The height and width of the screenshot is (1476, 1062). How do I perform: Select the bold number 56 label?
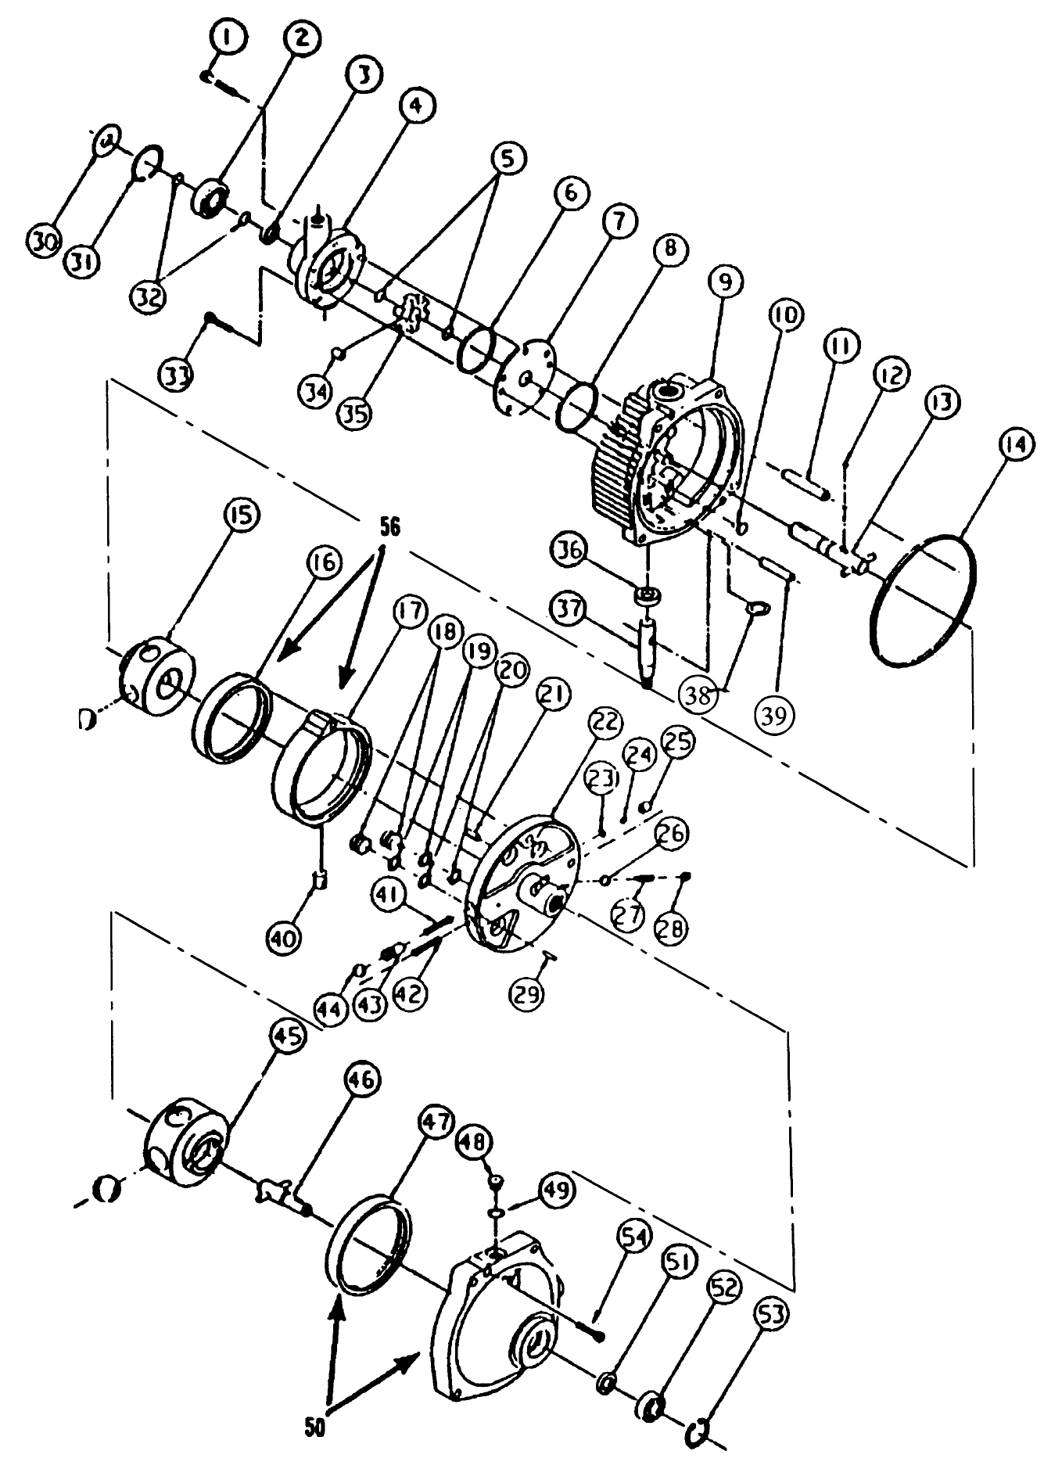click(390, 528)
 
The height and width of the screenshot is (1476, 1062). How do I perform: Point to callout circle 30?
click(45, 242)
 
